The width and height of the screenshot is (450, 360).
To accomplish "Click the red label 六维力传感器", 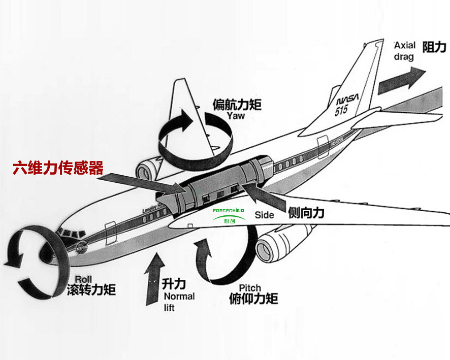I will point(58,168).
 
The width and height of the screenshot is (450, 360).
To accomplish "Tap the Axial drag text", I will point(404,51).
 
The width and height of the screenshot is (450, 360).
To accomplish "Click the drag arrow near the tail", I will point(401,79).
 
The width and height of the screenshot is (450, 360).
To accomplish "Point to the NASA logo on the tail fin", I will point(345,100).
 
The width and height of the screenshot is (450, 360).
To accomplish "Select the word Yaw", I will point(236,116).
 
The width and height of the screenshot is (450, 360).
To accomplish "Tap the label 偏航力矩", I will point(237,105).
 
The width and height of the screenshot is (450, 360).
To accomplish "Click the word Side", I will point(264,215).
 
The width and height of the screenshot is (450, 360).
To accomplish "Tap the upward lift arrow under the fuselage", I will point(154,279).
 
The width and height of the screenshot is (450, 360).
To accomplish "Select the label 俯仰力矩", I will point(254,298).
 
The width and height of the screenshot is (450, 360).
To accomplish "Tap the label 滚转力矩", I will point(91,290).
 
